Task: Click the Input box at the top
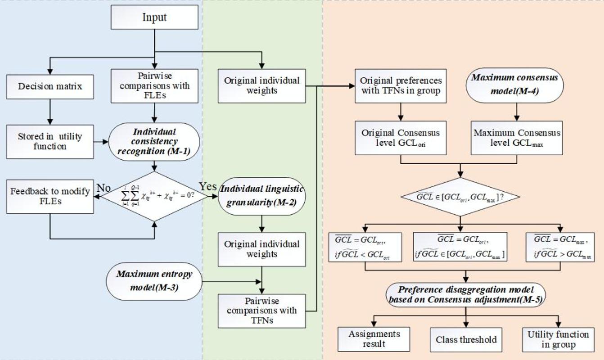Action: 154,18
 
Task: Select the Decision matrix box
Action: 50,86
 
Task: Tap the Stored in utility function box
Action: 50,141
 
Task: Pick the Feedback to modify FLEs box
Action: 50,196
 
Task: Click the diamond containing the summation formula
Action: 154,196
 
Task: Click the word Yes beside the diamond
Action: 207,186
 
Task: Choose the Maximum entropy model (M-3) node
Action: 154,280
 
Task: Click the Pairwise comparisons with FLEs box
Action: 154,85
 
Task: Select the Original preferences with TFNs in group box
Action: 401,85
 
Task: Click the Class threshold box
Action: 466,340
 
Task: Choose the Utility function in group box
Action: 558,340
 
